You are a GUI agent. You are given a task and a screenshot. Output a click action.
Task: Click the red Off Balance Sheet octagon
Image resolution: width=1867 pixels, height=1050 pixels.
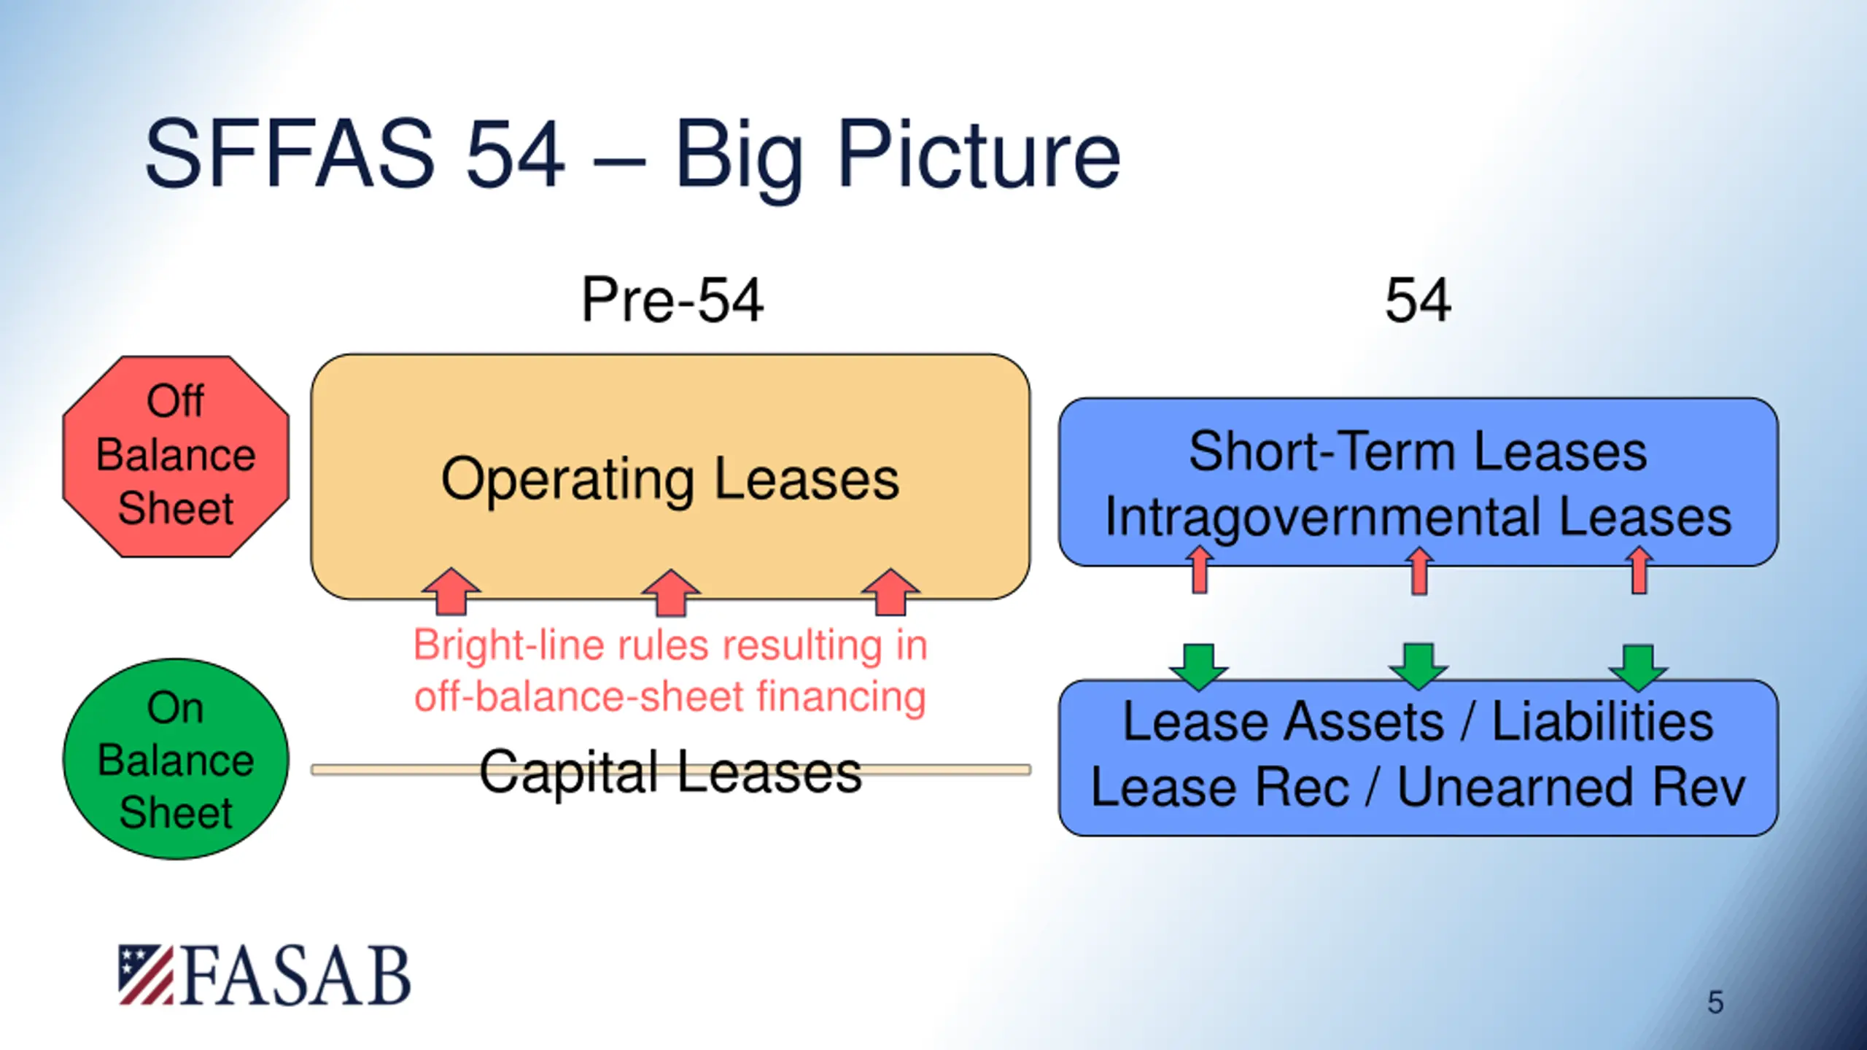pos(176,456)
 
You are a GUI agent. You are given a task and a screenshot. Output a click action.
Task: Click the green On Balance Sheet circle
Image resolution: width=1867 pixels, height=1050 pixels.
pos(176,759)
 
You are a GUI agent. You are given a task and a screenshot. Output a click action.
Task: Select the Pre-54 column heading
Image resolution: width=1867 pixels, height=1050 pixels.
pos(672,300)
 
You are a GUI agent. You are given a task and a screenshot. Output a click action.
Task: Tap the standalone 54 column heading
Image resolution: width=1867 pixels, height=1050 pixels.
pos(1418,300)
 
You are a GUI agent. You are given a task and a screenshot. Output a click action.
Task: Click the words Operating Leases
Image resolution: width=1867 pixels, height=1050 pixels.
pos(670,479)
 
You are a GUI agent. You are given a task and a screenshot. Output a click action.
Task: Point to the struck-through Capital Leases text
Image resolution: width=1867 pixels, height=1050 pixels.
pos(670,771)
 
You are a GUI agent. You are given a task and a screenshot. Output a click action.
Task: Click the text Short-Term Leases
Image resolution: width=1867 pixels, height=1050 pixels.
pos(1418,451)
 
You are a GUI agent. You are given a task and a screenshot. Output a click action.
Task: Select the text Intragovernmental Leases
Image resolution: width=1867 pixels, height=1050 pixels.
pos(1418,517)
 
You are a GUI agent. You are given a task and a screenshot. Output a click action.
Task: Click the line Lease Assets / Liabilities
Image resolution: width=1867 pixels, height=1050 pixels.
pos(1418,722)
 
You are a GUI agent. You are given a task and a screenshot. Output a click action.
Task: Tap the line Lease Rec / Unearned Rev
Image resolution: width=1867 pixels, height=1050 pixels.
pos(1418,787)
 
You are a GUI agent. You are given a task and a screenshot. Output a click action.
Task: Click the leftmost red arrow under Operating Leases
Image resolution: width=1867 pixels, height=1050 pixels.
pos(451,592)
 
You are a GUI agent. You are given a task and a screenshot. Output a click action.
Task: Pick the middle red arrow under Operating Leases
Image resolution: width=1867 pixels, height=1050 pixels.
pos(671,593)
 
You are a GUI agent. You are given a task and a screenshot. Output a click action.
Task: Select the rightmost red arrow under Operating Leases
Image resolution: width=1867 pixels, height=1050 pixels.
pos(890,592)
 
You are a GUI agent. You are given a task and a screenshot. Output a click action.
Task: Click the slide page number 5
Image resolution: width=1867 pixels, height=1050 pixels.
pos(1715,1003)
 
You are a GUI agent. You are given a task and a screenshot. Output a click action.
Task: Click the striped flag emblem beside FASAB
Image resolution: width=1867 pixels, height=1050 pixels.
pos(146,975)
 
